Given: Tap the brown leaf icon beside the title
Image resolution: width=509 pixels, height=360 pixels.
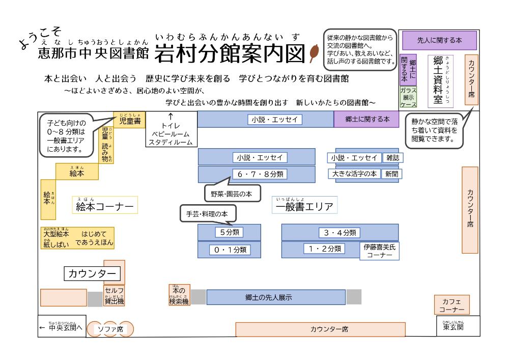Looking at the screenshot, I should pos(313,53).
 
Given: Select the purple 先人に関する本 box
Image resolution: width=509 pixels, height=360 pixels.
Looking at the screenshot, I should pos(439,40).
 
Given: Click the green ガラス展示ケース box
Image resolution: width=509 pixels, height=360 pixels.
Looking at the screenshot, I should pos(408,97).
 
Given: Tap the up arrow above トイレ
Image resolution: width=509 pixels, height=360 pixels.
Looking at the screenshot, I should pos(171,116).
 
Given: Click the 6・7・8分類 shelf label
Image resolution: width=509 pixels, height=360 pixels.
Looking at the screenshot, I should pos(260,174).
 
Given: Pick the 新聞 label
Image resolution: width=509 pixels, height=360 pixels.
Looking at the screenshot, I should pos(391,173).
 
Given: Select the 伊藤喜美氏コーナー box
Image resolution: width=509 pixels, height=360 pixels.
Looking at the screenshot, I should pos(380,251).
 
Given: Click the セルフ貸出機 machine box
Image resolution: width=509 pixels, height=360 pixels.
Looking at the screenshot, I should pos(114,297).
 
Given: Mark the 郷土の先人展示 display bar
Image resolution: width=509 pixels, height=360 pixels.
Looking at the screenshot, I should pos(268,297).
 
